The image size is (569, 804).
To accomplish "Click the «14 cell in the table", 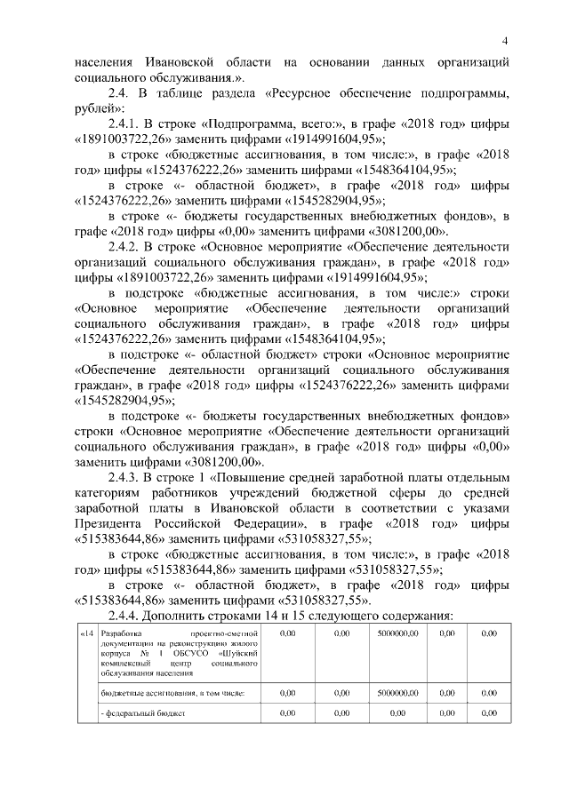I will click(x=86, y=633).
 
